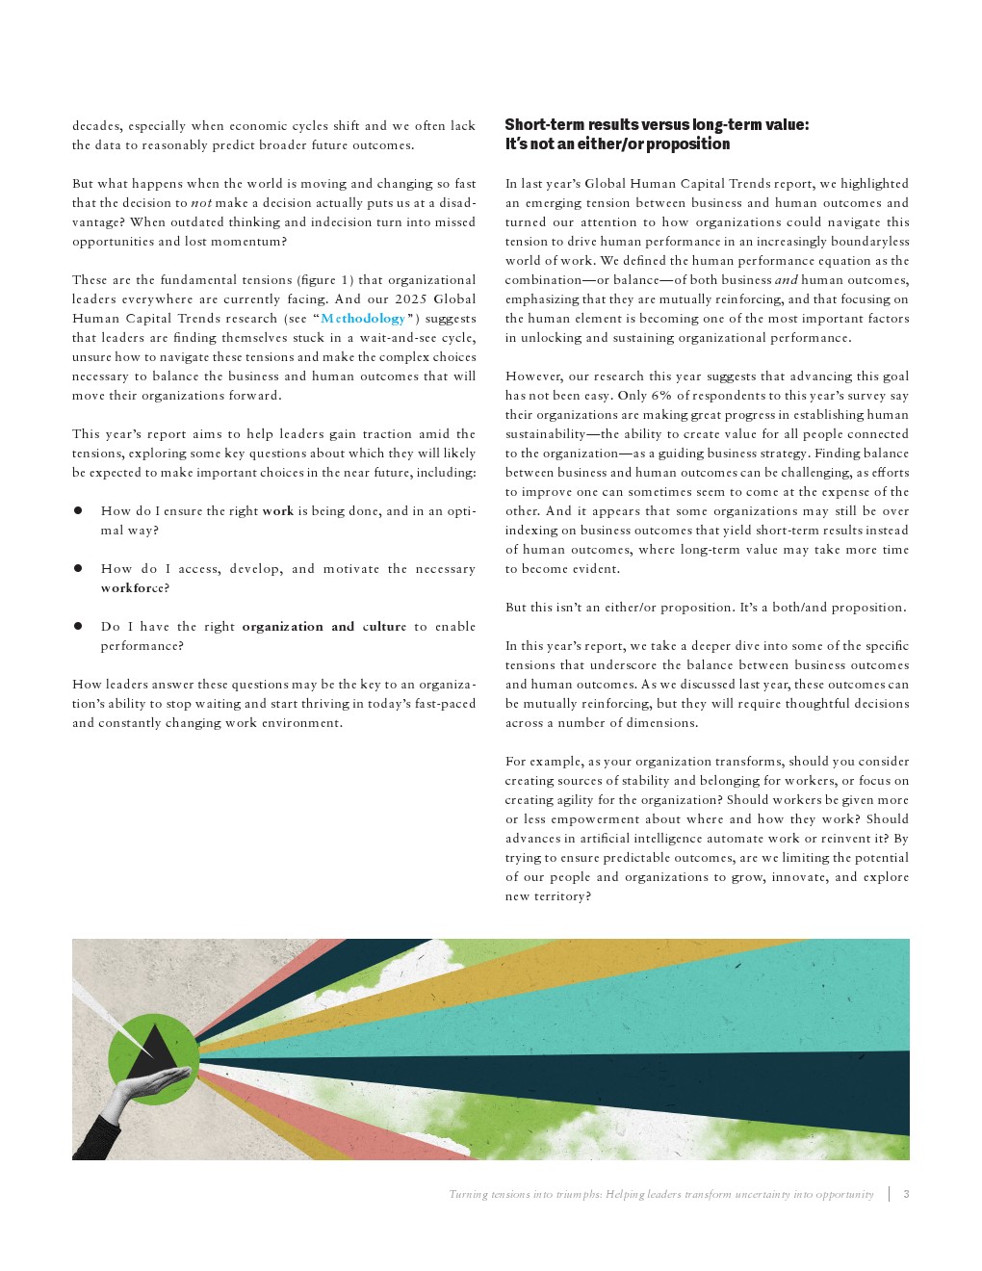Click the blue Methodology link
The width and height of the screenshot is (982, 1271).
[363, 319]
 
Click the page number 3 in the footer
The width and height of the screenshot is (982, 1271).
[906, 1194]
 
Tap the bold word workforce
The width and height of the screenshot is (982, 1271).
[135, 588]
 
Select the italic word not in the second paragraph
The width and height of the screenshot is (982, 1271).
[201, 203]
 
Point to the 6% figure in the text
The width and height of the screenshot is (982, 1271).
[659, 396]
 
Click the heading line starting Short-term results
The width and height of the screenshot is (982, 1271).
[657, 124]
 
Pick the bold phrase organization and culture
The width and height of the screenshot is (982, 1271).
[323, 627]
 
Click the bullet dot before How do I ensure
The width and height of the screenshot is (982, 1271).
[78, 511]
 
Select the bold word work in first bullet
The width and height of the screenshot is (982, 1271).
[277, 511]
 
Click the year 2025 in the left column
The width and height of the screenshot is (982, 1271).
[410, 299]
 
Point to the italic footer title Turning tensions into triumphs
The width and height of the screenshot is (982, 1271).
[660, 1194]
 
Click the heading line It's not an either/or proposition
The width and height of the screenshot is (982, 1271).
[617, 144]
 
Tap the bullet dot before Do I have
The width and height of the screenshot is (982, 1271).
[78, 627]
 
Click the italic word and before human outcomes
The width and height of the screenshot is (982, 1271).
[787, 280]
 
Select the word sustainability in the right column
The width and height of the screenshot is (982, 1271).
[545, 434]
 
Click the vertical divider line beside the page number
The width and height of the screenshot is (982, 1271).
[889, 1194]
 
